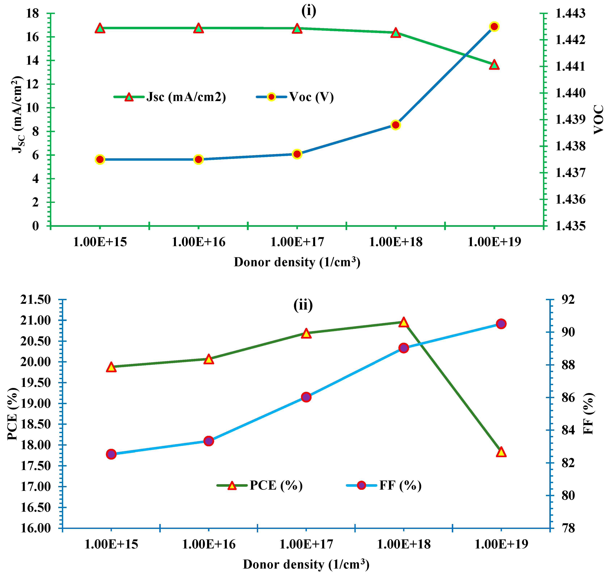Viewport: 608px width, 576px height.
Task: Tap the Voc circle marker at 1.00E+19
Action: (494, 27)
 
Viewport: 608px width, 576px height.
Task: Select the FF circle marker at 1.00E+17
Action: (306, 397)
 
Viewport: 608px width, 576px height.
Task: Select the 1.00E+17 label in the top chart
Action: (297, 242)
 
